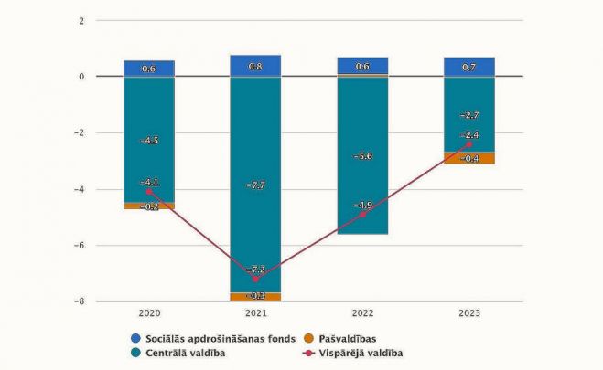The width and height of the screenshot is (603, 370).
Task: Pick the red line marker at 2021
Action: (x=255, y=279)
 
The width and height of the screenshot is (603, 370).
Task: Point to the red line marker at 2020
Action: (x=149, y=192)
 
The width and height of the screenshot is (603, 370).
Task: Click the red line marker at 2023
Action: (x=468, y=144)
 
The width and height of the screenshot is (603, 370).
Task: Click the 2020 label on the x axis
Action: (x=149, y=312)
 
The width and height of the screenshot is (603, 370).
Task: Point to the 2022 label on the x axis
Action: (x=362, y=312)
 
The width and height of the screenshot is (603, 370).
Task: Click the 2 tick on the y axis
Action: (x=81, y=20)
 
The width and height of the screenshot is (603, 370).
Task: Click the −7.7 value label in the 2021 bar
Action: (x=256, y=185)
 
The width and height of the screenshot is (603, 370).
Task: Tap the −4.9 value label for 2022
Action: (x=362, y=205)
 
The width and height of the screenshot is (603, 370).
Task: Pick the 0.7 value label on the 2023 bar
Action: (x=468, y=67)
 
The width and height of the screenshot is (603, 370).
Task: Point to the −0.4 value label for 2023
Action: (x=468, y=158)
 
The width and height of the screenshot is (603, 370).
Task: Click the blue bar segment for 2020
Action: (x=149, y=69)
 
